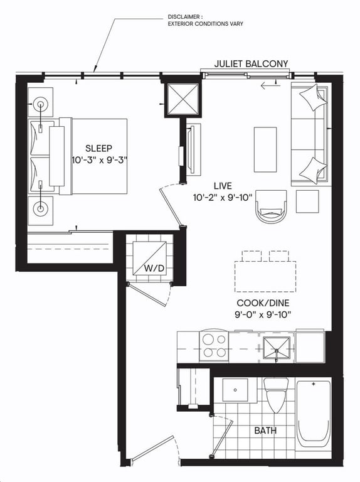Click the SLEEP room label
[x=98, y=149]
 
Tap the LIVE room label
[x=223, y=186]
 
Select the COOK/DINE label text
[x=263, y=303]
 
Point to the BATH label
[x=265, y=431]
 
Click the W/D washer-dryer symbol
[x=150, y=258]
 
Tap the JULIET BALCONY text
[x=251, y=63]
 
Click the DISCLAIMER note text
[x=205, y=20]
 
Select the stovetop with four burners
[x=214, y=346]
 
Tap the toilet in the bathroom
[x=276, y=395]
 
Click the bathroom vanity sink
[x=235, y=390]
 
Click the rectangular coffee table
[x=265, y=150]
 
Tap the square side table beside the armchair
[x=307, y=201]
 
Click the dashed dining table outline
[x=265, y=277]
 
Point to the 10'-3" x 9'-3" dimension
[x=100, y=161]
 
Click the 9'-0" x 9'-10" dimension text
[x=263, y=315]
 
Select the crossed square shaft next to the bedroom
[x=183, y=100]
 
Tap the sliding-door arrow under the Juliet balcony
[x=270, y=85]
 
